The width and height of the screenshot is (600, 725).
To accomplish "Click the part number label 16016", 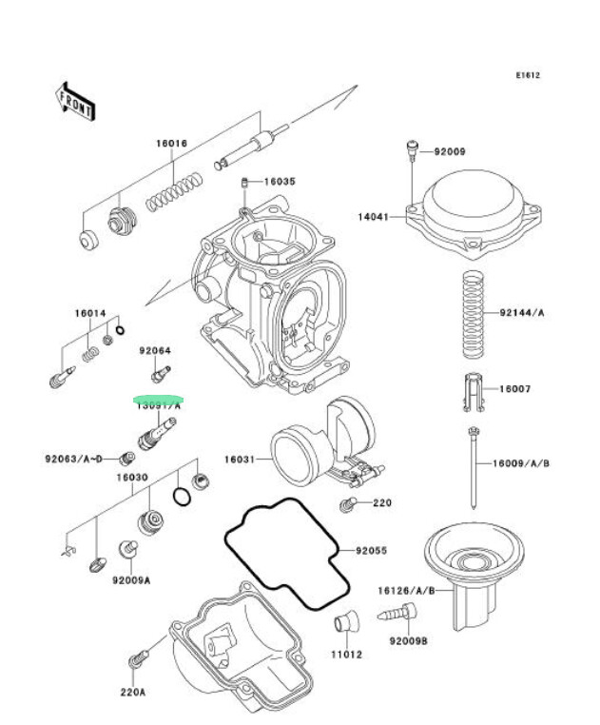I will coord(172,144).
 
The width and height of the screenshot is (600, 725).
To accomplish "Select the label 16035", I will coord(281,181).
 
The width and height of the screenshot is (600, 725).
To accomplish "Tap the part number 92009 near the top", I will coord(451,151).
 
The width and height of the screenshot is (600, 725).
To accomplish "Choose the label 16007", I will coord(516,389).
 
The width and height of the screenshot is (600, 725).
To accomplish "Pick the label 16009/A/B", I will coord(520,463).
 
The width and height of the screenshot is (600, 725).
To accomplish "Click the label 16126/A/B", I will coord(406,591).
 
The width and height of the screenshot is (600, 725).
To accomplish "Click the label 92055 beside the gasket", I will coord(372,550).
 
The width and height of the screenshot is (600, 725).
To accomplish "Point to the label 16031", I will coord(239,459).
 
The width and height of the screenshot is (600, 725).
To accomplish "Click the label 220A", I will coord(133,693).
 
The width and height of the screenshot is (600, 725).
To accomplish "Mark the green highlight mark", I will coord(159,401).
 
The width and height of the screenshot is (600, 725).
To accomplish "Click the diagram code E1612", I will coord(528,75).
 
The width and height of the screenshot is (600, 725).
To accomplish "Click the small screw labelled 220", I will coord(349,502).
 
